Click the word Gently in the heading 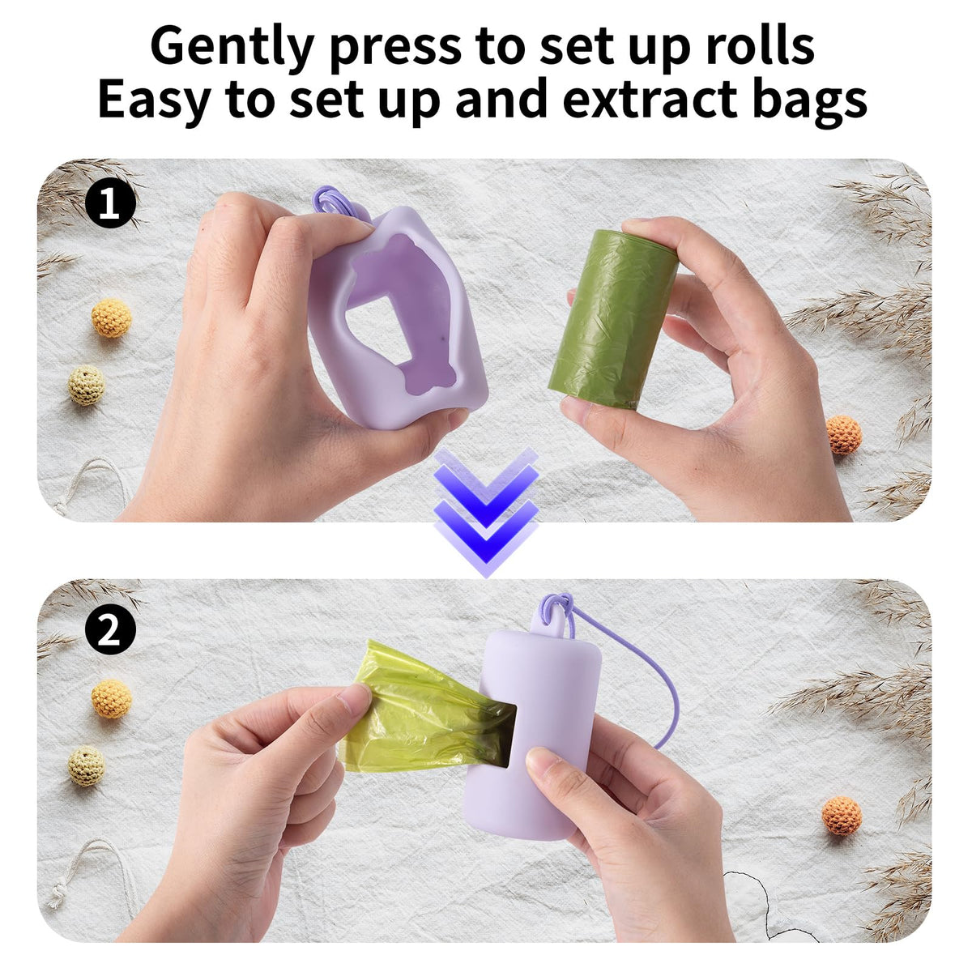pyautogui.click(x=232, y=48)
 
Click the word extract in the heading pyautogui.click(x=650, y=100)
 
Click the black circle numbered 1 pyautogui.click(x=110, y=204)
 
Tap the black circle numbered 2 pyautogui.click(x=110, y=629)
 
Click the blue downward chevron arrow pyautogui.click(x=486, y=510)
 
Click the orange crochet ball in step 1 pyautogui.click(x=844, y=434)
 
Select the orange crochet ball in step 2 pyautogui.click(x=842, y=816)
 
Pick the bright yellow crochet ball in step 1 pyautogui.click(x=112, y=318)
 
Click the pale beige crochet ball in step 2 pyautogui.click(x=86, y=765)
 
